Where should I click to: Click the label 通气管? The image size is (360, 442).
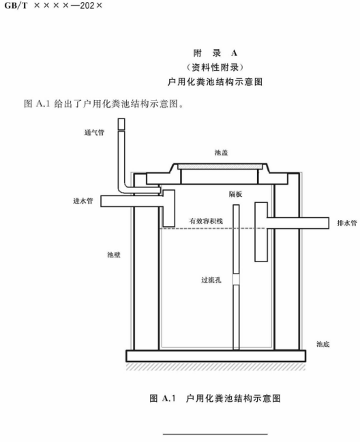pos(95,133)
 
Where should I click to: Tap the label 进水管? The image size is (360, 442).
pos(83,201)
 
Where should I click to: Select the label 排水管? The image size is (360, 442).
pos(347,223)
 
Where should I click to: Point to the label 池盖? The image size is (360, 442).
pos(221,153)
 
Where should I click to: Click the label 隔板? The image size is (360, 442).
pos(235,194)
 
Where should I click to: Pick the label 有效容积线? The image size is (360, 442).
pos(206,221)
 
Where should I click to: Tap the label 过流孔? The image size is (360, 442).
pos(211,280)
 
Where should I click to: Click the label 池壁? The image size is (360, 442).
pos(114,255)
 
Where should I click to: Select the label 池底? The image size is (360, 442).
pos(322,344)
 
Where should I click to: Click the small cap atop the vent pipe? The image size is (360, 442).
pos(121,124)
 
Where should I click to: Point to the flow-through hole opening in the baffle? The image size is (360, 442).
pos(236,279)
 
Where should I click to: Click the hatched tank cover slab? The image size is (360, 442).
pos(220,167)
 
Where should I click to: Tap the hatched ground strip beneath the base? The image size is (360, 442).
pos(216,366)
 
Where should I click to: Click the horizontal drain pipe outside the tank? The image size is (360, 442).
pos(298,223)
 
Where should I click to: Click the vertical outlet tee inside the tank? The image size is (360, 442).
pos(261,232)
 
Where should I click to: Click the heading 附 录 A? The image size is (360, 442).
pos(215,53)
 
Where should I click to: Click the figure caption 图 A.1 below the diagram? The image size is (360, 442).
pos(215,398)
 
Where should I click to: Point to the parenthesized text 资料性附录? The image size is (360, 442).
pos(215,67)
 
